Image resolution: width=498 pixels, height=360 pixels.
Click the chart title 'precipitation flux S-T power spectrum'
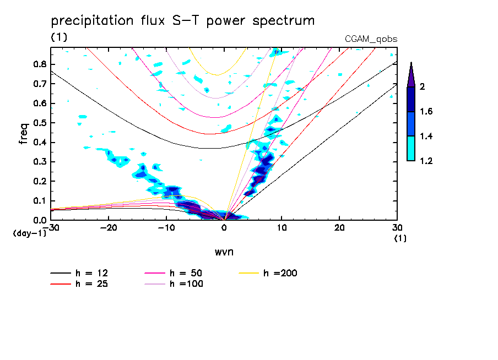[x=183, y=21]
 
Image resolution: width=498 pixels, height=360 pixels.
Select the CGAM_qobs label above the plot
[x=371, y=39]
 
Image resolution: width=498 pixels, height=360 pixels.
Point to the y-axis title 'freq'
[x=23, y=134]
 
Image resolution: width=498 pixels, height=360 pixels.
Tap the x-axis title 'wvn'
[x=223, y=252]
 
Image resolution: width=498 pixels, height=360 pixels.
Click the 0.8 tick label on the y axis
[x=39, y=64]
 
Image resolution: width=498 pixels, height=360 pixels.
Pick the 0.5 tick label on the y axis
[x=39, y=123]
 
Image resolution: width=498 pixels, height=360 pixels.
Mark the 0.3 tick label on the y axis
[x=39, y=162]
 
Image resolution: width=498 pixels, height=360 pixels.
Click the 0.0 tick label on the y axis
[x=39, y=220]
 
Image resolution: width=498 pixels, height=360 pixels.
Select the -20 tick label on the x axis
[x=109, y=228]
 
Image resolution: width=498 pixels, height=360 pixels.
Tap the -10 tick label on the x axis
[x=166, y=228]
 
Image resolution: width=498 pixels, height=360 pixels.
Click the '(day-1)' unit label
[x=30, y=233]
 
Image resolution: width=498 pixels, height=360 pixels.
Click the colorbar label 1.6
[x=426, y=112]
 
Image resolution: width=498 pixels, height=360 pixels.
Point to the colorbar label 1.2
[x=426, y=161]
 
